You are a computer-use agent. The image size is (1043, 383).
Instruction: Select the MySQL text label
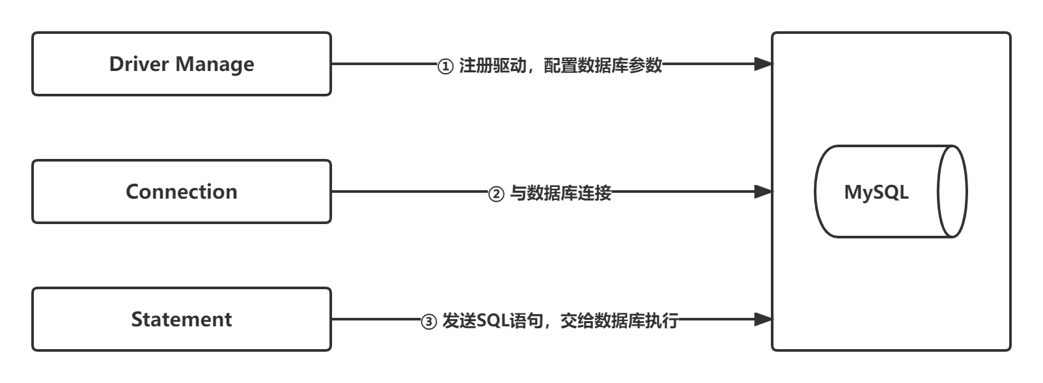pos(876,192)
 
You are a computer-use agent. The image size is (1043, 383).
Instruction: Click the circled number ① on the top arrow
pos(445,66)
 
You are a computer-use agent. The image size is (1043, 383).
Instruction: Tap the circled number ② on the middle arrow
pos(496,194)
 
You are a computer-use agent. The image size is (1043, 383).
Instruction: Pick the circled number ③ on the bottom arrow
pos(429,322)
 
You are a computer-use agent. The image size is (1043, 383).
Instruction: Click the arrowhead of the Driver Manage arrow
pos(762,64)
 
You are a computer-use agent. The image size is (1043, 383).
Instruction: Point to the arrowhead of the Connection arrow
pos(762,191)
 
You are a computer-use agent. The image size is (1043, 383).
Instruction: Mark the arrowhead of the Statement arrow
pos(762,319)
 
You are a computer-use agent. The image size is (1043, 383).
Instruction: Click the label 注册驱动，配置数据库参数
pos(561,66)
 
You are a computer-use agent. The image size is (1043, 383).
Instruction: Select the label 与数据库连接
pos(561,193)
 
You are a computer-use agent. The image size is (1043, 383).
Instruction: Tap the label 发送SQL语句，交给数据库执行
pos(561,321)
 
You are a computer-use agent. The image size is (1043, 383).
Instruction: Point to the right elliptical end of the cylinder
pos(953,191)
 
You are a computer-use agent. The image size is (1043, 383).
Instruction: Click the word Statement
pos(182,319)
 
